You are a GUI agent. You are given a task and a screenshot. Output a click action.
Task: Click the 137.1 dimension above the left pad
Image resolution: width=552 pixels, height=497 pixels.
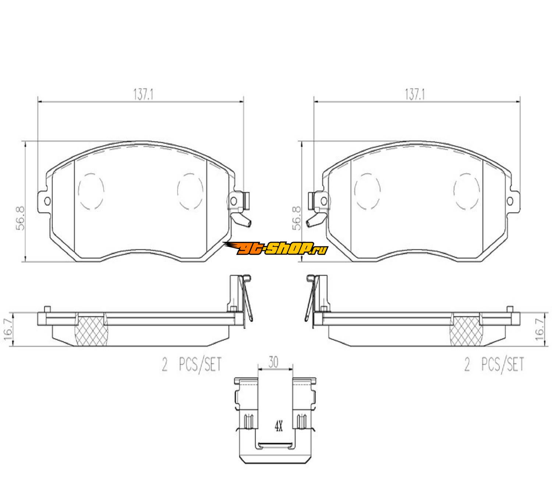coord(144,95)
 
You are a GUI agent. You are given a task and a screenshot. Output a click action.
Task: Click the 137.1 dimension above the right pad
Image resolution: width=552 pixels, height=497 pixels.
coord(415,95)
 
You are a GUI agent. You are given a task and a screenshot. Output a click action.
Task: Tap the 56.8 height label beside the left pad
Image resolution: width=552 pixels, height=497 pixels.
coord(20,218)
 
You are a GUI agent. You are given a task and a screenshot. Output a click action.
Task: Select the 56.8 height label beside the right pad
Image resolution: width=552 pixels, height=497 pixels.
coord(297,218)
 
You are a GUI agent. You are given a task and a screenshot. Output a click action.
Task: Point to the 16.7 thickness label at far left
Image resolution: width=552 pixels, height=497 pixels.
coord(8,329)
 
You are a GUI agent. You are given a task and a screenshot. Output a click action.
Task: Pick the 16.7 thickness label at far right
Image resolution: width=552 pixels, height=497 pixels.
coord(540,329)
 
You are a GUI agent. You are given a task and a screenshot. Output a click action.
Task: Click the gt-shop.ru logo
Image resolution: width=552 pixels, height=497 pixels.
coord(275,248)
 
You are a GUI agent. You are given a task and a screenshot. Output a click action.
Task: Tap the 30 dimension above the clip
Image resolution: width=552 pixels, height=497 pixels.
coord(273,362)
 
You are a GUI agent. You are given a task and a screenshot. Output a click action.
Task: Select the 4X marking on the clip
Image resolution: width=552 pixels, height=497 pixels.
coord(279,427)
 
